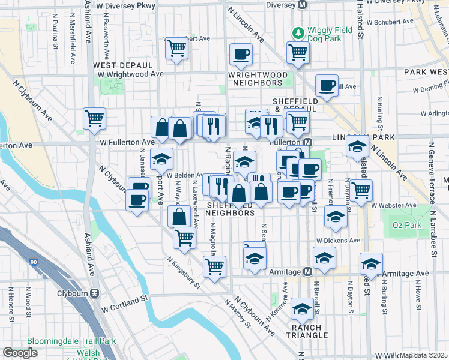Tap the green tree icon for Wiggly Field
(x=297, y=31)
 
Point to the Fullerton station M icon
(x=307, y=143)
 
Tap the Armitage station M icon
(x=307, y=272)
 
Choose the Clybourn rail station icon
(x=94, y=295)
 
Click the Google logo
(x=20, y=353)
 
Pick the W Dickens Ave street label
(x=338, y=240)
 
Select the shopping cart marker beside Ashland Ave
(x=95, y=119)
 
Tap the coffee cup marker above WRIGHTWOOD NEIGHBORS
(x=241, y=54)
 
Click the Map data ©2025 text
(x=424, y=355)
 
